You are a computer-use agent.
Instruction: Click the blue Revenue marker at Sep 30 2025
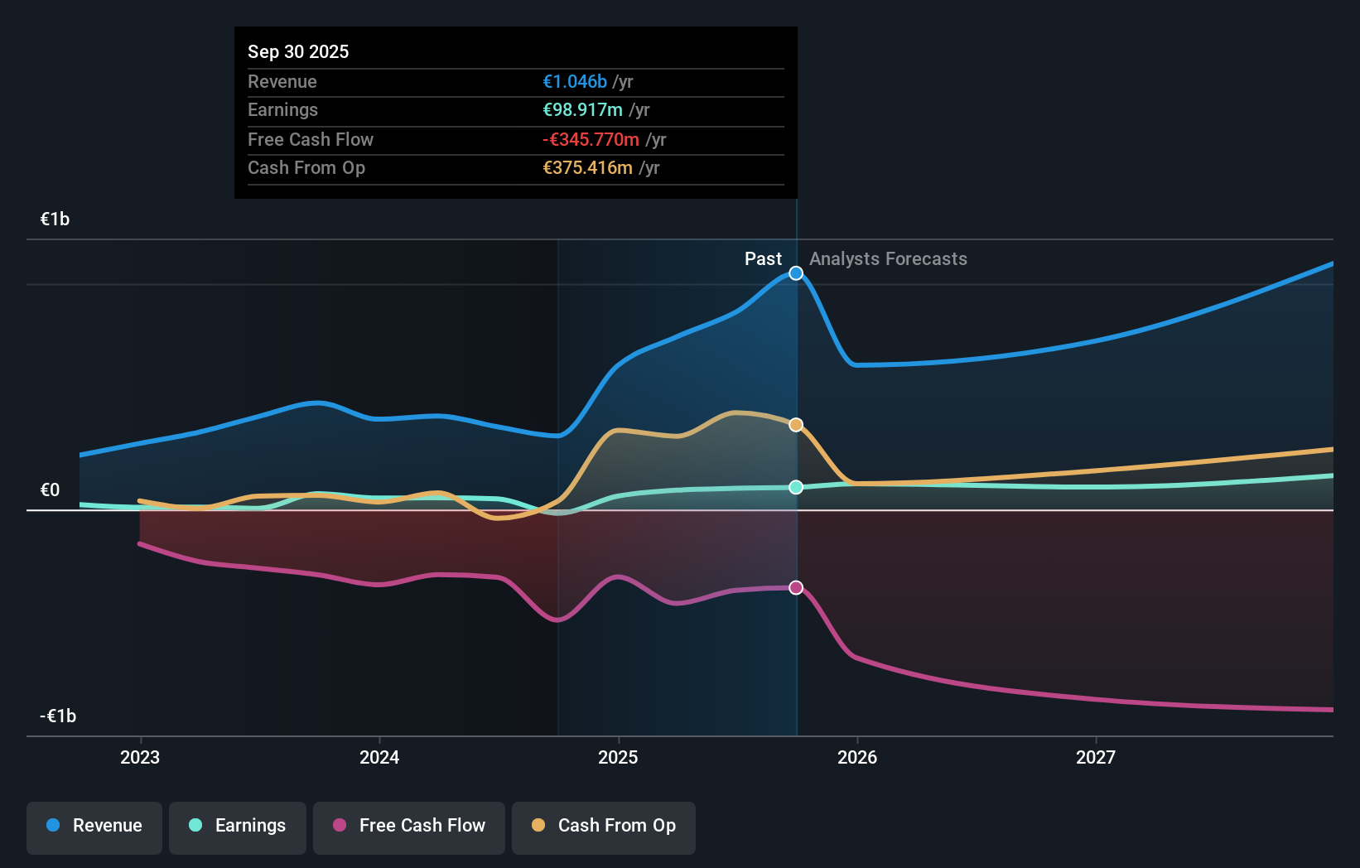(x=796, y=273)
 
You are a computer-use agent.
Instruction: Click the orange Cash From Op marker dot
(x=796, y=425)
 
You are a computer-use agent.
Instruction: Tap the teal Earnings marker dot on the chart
(x=796, y=487)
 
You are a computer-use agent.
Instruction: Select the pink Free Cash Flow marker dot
(x=796, y=587)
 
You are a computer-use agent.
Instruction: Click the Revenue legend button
(x=94, y=827)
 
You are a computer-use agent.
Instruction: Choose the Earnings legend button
(x=238, y=827)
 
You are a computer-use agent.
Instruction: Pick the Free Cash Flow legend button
(x=409, y=827)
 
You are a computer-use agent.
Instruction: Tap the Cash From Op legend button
(x=604, y=827)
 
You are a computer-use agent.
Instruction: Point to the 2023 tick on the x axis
(x=140, y=757)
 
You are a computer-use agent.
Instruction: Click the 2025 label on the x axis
(x=618, y=757)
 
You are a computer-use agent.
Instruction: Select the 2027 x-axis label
(x=1095, y=757)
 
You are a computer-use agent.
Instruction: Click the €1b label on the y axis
(x=55, y=219)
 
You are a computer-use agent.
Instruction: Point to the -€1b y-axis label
(x=58, y=716)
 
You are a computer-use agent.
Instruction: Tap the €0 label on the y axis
(x=51, y=489)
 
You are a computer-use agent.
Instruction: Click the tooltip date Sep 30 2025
(x=298, y=51)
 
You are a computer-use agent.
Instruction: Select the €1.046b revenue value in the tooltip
(x=575, y=81)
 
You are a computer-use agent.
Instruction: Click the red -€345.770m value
(x=591, y=139)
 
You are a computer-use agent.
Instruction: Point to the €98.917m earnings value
(x=582, y=110)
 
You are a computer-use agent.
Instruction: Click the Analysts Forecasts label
(x=888, y=259)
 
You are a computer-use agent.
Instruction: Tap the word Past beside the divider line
(x=763, y=259)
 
